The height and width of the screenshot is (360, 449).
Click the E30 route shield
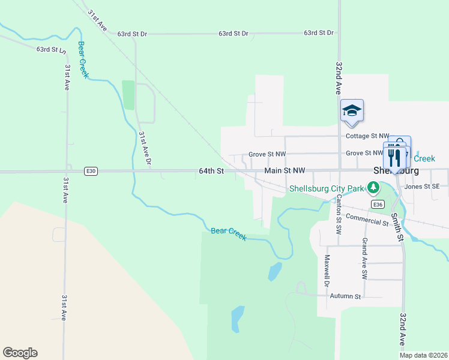91,171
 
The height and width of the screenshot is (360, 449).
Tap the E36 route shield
378,205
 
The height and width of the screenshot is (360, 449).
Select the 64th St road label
211,171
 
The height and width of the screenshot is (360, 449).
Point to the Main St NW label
285,171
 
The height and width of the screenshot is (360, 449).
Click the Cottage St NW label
368,136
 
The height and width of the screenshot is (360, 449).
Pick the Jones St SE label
426,187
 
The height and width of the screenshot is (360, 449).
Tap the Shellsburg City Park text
327,188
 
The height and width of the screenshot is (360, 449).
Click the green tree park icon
374,188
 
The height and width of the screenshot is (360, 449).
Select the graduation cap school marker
352,110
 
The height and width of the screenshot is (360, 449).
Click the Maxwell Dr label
327,271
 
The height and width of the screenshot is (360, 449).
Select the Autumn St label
345,296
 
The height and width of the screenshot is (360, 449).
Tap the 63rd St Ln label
50,50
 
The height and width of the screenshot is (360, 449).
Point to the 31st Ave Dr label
145,149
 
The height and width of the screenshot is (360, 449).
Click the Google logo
20,353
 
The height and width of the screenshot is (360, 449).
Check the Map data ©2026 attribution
423,355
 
